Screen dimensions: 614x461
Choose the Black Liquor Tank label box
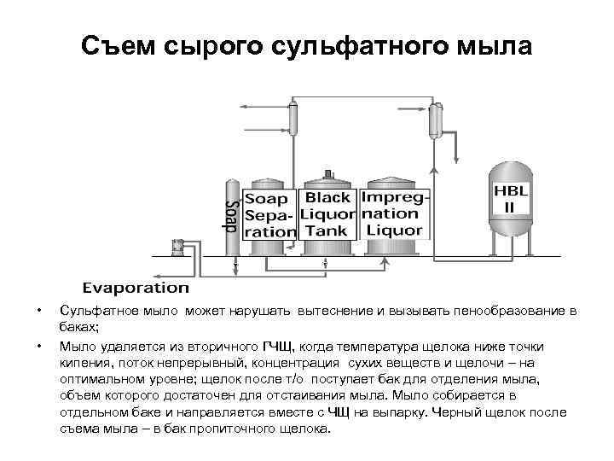pos(328,213)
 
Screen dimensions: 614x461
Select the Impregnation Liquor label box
pos(393,213)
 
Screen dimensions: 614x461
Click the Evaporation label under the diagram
pos(136,288)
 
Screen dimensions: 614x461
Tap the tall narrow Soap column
pos(230,217)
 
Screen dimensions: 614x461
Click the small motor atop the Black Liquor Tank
pos(327,174)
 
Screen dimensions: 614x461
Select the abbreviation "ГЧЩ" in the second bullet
pos(277,347)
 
